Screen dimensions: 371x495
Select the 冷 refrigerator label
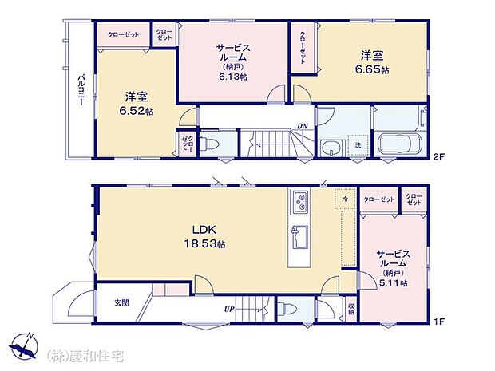coord(345,198)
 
